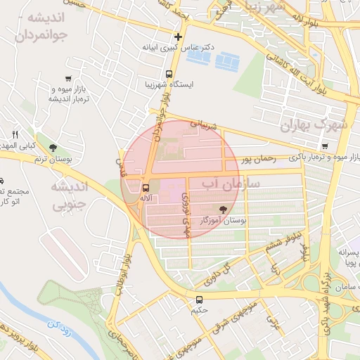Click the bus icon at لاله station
pyautogui.click(x=146, y=188)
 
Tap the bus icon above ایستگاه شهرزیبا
pyautogui.click(x=169, y=74)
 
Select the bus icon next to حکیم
pyautogui.click(x=200, y=300)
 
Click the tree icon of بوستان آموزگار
pyautogui.click(x=224, y=209)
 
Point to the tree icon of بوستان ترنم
pyautogui.click(x=53, y=147)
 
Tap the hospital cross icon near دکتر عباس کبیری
pyautogui.click(x=178, y=37)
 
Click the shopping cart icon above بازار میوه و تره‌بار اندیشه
pyautogui.click(x=68, y=79)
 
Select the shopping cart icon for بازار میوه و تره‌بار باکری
pyautogui.click(x=324, y=146)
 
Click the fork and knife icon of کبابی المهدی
pyautogui.click(x=15, y=134)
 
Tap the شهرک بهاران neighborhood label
pyautogui.click(x=314, y=125)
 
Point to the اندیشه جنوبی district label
pyautogui.click(x=69, y=196)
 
